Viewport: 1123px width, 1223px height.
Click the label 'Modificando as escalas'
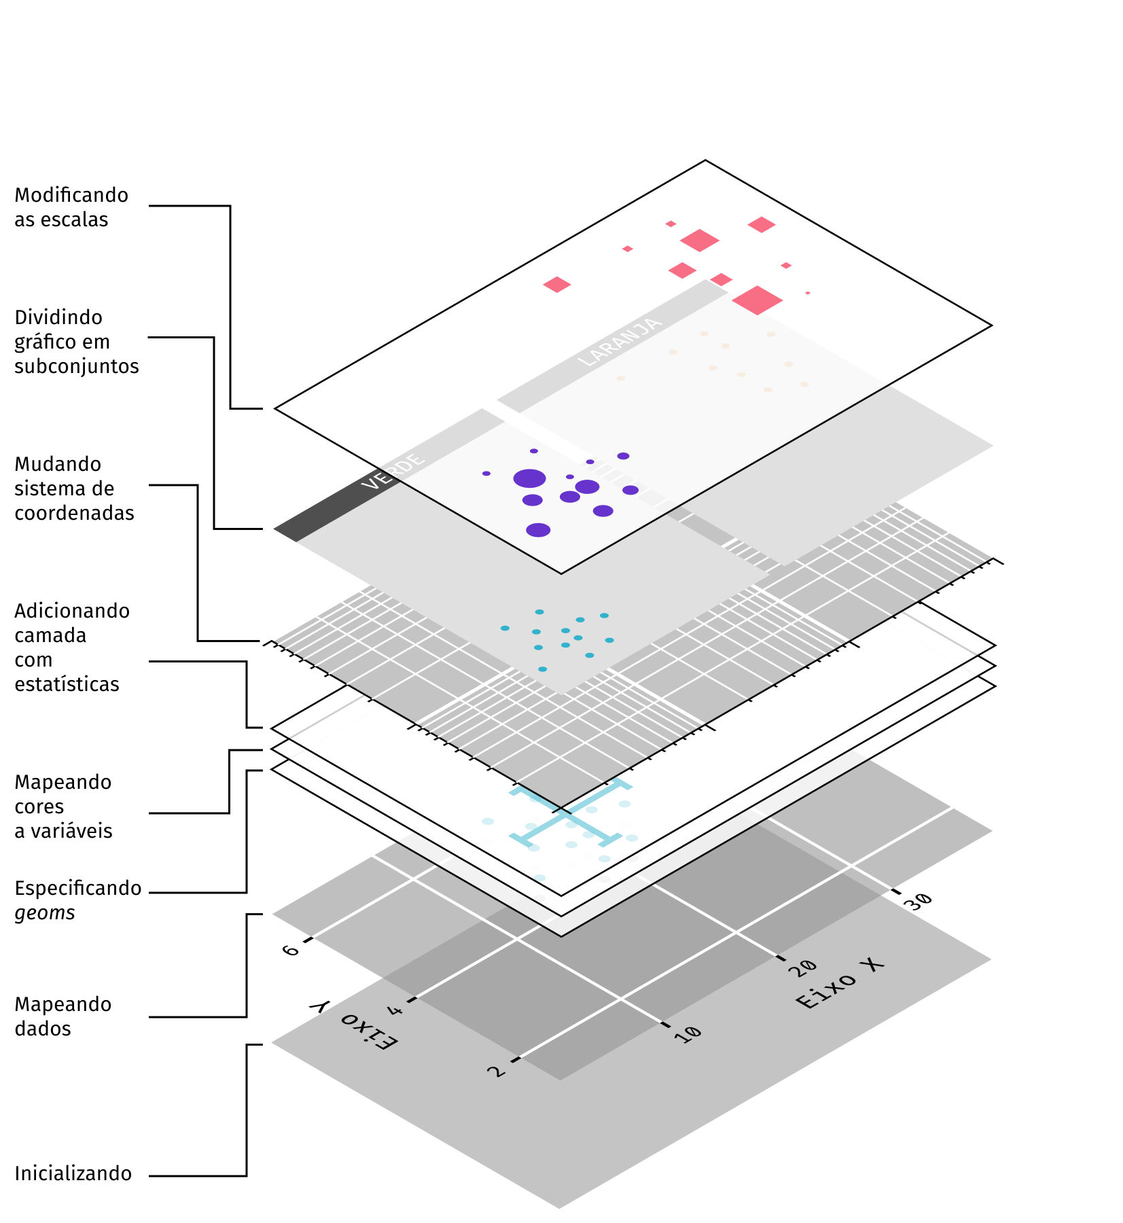click(x=71, y=207)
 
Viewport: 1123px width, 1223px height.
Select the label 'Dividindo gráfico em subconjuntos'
click(x=76, y=342)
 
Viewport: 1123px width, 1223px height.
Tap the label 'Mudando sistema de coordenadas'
click(x=74, y=489)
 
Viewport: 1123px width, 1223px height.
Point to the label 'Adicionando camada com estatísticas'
click(x=71, y=648)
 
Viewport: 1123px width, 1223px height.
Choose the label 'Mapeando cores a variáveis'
click(x=63, y=807)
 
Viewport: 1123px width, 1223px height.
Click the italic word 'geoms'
click(x=45, y=912)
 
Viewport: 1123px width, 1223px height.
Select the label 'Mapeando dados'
click(x=63, y=1016)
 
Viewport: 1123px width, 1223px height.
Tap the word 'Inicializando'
click(x=73, y=1173)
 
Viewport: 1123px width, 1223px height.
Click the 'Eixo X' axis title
click(x=840, y=983)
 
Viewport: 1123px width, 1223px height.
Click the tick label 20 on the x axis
click(x=803, y=968)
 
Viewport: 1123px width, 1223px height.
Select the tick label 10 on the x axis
click(x=688, y=1034)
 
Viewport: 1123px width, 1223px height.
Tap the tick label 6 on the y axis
click(x=291, y=950)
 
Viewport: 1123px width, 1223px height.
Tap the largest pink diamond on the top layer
click(x=757, y=300)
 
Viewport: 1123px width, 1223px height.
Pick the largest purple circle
click(x=530, y=478)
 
